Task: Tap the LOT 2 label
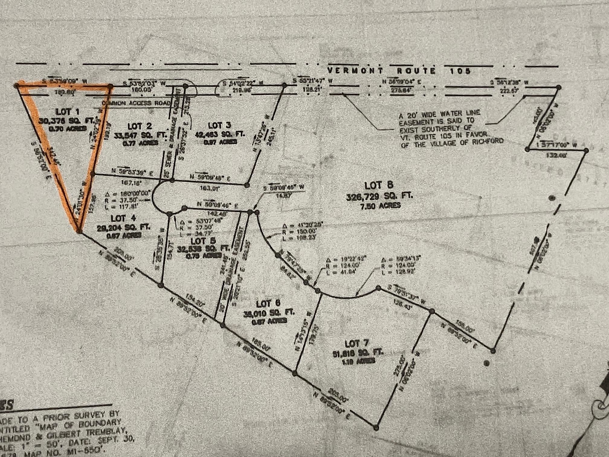click(140, 126)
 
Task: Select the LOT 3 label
click(220, 125)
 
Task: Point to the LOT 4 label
click(123, 218)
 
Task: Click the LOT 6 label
click(268, 303)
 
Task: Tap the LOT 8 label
click(379, 185)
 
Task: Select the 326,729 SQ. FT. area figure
click(379, 196)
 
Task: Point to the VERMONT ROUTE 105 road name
click(399, 71)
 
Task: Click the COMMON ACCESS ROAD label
click(136, 103)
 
